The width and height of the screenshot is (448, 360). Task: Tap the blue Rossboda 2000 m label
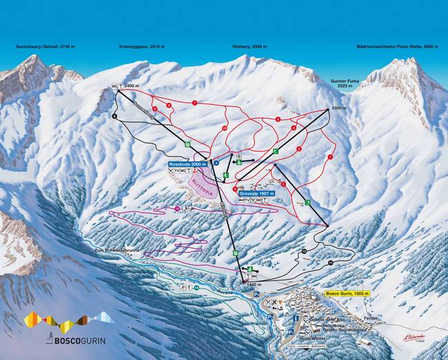pyautogui.click(x=187, y=165)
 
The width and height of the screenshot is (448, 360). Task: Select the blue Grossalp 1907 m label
pyautogui.click(x=257, y=194)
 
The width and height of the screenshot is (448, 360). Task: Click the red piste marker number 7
pyautogui.click(x=195, y=103)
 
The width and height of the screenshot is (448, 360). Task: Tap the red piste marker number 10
pyautogui.click(x=225, y=128)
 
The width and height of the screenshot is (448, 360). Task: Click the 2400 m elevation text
pyautogui.click(x=132, y=86)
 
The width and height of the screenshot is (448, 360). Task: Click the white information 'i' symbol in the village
pyautogui.click(x=296, y=319)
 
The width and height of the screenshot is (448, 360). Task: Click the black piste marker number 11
pyautogui.click(x=331, y=263)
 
